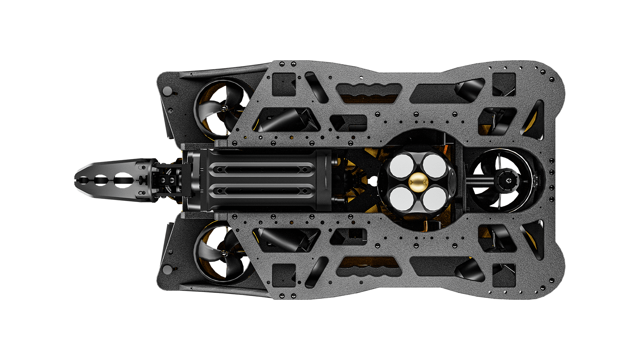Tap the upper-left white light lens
401,166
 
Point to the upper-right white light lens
433,166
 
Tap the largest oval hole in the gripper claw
124,181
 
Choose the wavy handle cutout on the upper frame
369,90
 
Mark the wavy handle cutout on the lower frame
369,270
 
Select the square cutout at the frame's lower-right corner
504,275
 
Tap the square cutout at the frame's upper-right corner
504,84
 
